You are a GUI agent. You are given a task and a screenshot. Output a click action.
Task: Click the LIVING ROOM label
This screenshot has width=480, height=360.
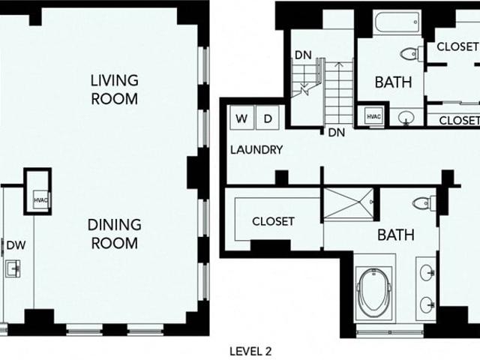[x=115, y=89]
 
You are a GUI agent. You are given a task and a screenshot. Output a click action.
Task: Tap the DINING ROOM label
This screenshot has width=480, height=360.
[x=115, y=234]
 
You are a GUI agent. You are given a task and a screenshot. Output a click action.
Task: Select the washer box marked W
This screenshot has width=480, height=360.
[x=241, y=118]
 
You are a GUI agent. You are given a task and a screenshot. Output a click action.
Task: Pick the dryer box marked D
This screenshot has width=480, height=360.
[x=268, y=118]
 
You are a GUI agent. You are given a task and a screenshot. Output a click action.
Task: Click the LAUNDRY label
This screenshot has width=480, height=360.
[x=256, y=150]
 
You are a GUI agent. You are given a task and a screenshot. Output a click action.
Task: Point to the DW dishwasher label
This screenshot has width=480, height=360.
[x=16, y=245]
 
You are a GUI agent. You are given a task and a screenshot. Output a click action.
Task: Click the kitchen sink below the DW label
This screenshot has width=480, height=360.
[x=13, y=268]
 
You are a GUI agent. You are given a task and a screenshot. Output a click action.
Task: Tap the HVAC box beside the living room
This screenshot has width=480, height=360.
[x=40, y=200]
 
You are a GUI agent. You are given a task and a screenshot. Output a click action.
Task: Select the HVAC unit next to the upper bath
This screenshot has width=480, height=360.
[x=374, y=116]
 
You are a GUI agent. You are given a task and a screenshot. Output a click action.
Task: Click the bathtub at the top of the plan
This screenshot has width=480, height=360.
[x=397, y=22]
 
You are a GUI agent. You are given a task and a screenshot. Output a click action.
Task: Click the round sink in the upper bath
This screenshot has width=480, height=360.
[x=406, y=118]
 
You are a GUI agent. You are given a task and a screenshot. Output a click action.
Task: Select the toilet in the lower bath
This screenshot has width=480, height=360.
[x=424, y=203]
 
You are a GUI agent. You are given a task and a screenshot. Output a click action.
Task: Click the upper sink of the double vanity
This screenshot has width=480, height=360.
[x=427, y=272]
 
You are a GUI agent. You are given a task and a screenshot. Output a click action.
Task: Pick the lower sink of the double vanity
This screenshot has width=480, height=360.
[x=427, y=304]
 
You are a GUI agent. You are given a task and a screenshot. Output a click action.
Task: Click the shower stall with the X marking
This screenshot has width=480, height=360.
[x=349, y=203]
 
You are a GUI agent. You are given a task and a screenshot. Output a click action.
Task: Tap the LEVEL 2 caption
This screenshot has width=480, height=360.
[x=250, y=351]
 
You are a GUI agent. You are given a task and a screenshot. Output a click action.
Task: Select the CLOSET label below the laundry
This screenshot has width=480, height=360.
[x=273, y=221]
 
